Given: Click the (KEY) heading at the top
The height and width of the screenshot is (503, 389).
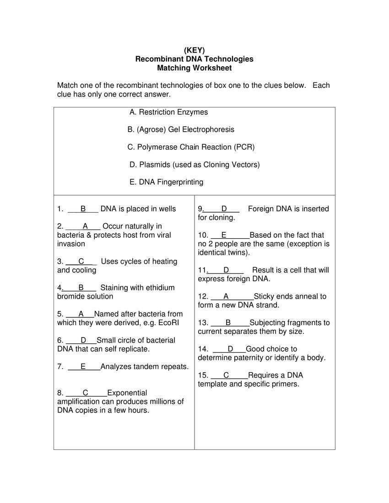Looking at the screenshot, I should [194, 50].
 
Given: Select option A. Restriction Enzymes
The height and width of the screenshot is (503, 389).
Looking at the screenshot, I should [168, 112].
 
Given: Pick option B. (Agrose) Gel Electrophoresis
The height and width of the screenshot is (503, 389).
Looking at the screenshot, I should [181, 129].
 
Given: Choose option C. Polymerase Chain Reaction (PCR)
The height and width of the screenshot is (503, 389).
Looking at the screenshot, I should [191, 147].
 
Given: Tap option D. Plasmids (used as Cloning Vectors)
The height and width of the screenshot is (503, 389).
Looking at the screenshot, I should [194, 165].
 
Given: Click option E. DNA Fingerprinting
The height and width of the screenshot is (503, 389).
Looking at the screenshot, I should [167, 182].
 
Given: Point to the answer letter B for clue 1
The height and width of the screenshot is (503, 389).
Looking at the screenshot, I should [83, 209].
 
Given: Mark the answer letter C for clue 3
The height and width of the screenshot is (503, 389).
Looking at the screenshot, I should [81, 262].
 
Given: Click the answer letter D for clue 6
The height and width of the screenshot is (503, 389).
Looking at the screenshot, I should [83, 340].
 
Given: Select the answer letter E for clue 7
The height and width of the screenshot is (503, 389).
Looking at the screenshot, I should [83, 367].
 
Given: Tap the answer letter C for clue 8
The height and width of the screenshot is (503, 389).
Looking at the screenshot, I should [86, 393].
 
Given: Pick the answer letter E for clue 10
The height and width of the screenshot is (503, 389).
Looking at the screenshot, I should [224, 235].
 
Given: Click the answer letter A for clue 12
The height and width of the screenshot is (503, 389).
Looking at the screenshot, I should [226, 296].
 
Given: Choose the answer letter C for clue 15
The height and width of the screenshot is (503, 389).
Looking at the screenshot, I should [226, 375].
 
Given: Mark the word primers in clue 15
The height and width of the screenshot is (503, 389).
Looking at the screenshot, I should [283, 384].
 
